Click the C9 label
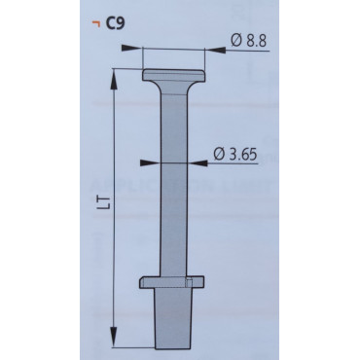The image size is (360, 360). [115, 23]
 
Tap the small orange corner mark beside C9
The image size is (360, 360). [95, 22]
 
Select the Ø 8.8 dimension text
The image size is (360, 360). [249, 41]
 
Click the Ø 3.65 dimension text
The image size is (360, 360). [235, 154]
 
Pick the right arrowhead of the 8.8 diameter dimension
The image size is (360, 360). [215, 50]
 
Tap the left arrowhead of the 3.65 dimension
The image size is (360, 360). [150, 162]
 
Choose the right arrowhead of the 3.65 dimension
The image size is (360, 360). [198, 163]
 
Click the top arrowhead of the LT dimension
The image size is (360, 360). [114, 80]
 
